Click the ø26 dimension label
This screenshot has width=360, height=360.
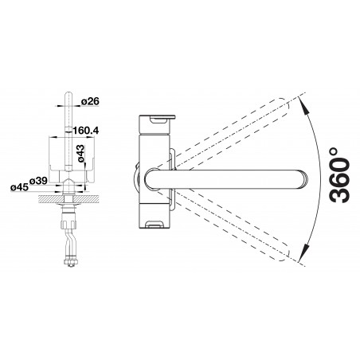point(90,101)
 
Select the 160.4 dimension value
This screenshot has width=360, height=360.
point(85,131)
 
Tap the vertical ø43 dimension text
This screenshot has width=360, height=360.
point(80,153)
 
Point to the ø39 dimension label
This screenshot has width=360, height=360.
point(38,181)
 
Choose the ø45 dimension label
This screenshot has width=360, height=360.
point(19,187)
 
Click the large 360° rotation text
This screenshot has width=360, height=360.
point(338,175)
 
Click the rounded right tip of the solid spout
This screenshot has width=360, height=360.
point(305,180)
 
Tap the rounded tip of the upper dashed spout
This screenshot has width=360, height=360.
point(285,107)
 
